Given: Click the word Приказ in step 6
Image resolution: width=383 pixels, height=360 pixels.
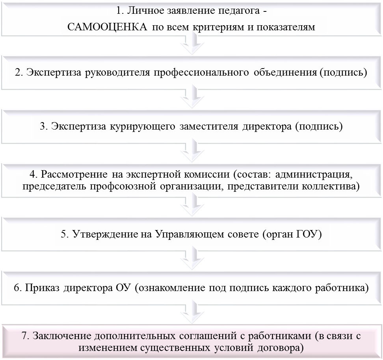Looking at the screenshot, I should [x=43, y=288].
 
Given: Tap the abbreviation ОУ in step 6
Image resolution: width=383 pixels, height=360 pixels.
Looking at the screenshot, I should [x=124, y=288].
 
